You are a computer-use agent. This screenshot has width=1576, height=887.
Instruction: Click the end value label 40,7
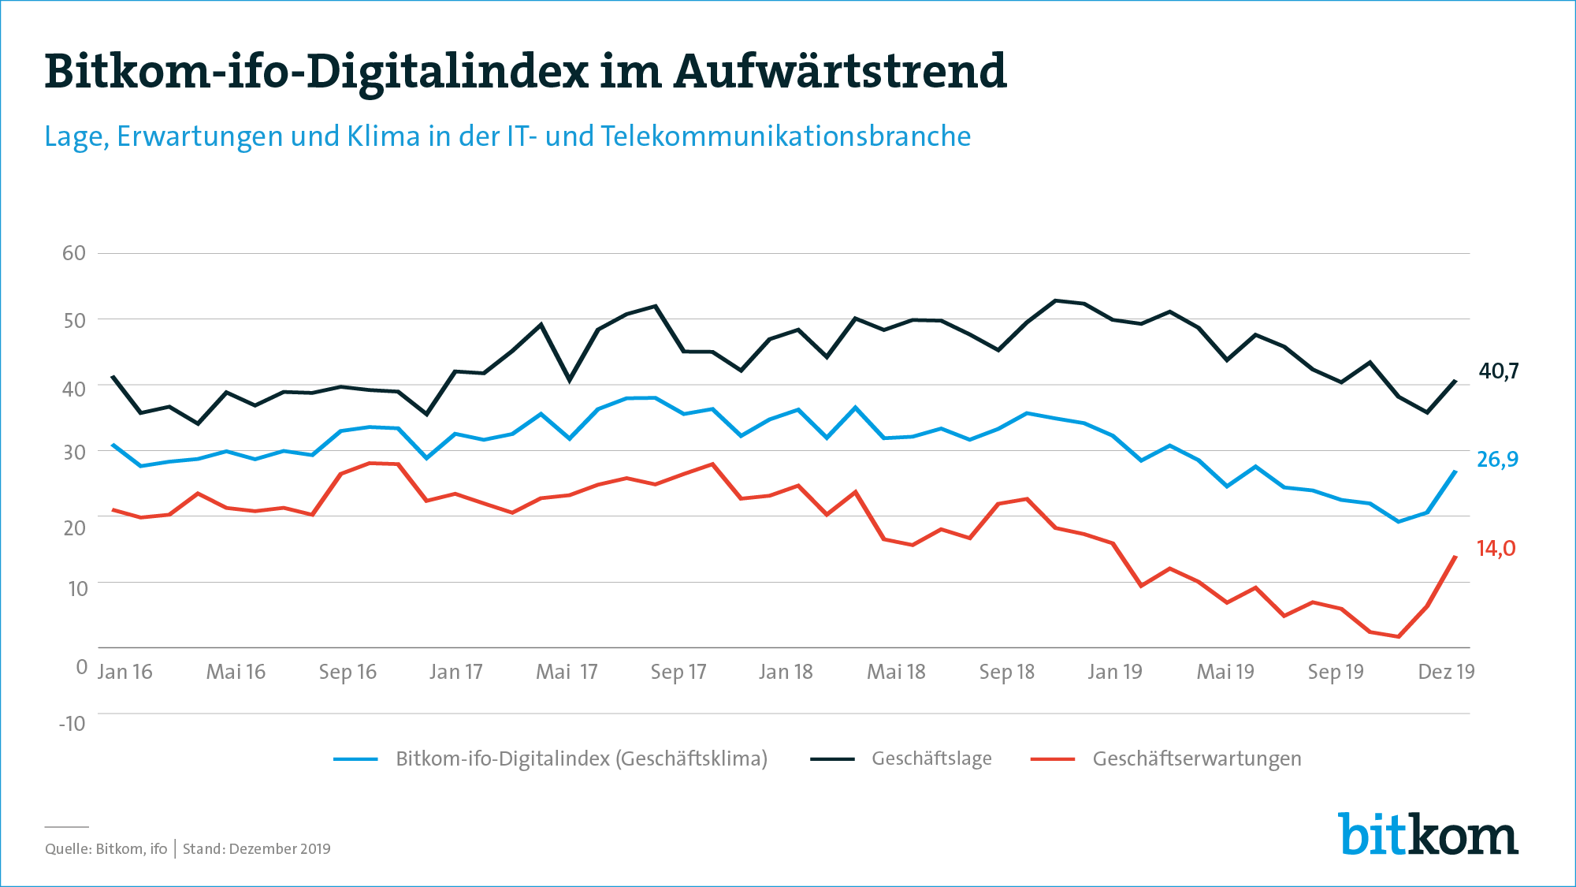pyautogui.click(x=1498, y=371)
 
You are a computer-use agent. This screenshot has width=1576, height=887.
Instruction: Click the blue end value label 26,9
pyautogui.click(x=1497, y=459)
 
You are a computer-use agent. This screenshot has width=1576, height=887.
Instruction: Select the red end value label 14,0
pyautogui.click(x=1496, y=548)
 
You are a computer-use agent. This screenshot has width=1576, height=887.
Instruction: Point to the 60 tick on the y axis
pyautogui.click(x=74, y=253)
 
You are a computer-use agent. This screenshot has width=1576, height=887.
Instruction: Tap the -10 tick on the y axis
pyautogui.click(x=72, y=723)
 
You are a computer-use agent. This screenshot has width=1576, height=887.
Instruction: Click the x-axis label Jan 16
pyautogui.click(x=125, y=672)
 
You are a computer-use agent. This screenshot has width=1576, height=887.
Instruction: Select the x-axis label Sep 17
pyautogui.click(x=678, y=672)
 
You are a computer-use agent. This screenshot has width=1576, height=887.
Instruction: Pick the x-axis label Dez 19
pyautogui.click(x=1446, y=672)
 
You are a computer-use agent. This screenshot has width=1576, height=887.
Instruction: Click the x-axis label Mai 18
pyautogui.click(x=896, y=672)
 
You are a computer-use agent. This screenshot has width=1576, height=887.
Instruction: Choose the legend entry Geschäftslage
pyautogui.click(x=931, y=758)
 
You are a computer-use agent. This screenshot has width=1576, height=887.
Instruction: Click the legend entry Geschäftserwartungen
pyautogui.click(x=1196, y=758)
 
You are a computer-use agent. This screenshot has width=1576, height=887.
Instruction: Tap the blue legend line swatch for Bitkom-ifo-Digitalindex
pyautogui.click(x=355, y=759)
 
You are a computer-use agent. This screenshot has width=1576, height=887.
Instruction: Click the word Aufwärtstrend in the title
pyautogui.click(x=840, y=71)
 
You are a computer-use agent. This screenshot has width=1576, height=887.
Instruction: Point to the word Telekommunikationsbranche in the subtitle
pyautogui.click(x=786, y=136)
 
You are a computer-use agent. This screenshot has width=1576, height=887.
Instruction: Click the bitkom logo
pyautogui.click(x=1428, y=833)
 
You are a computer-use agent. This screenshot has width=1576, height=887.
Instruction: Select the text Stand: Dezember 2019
pyautogui.click(x=257, y=849)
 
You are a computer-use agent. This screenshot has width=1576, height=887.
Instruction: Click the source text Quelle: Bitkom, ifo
pyautogui.click(x=106, y=849)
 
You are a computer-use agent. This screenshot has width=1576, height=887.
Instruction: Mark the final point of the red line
pyautogui.click(x=1455, y=556)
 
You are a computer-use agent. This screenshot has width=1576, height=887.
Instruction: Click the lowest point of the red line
pyautogui.click(x=1399, y=636)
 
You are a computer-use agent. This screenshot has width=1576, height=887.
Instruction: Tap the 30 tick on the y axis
pyautogui.click(x=74, y=452)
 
